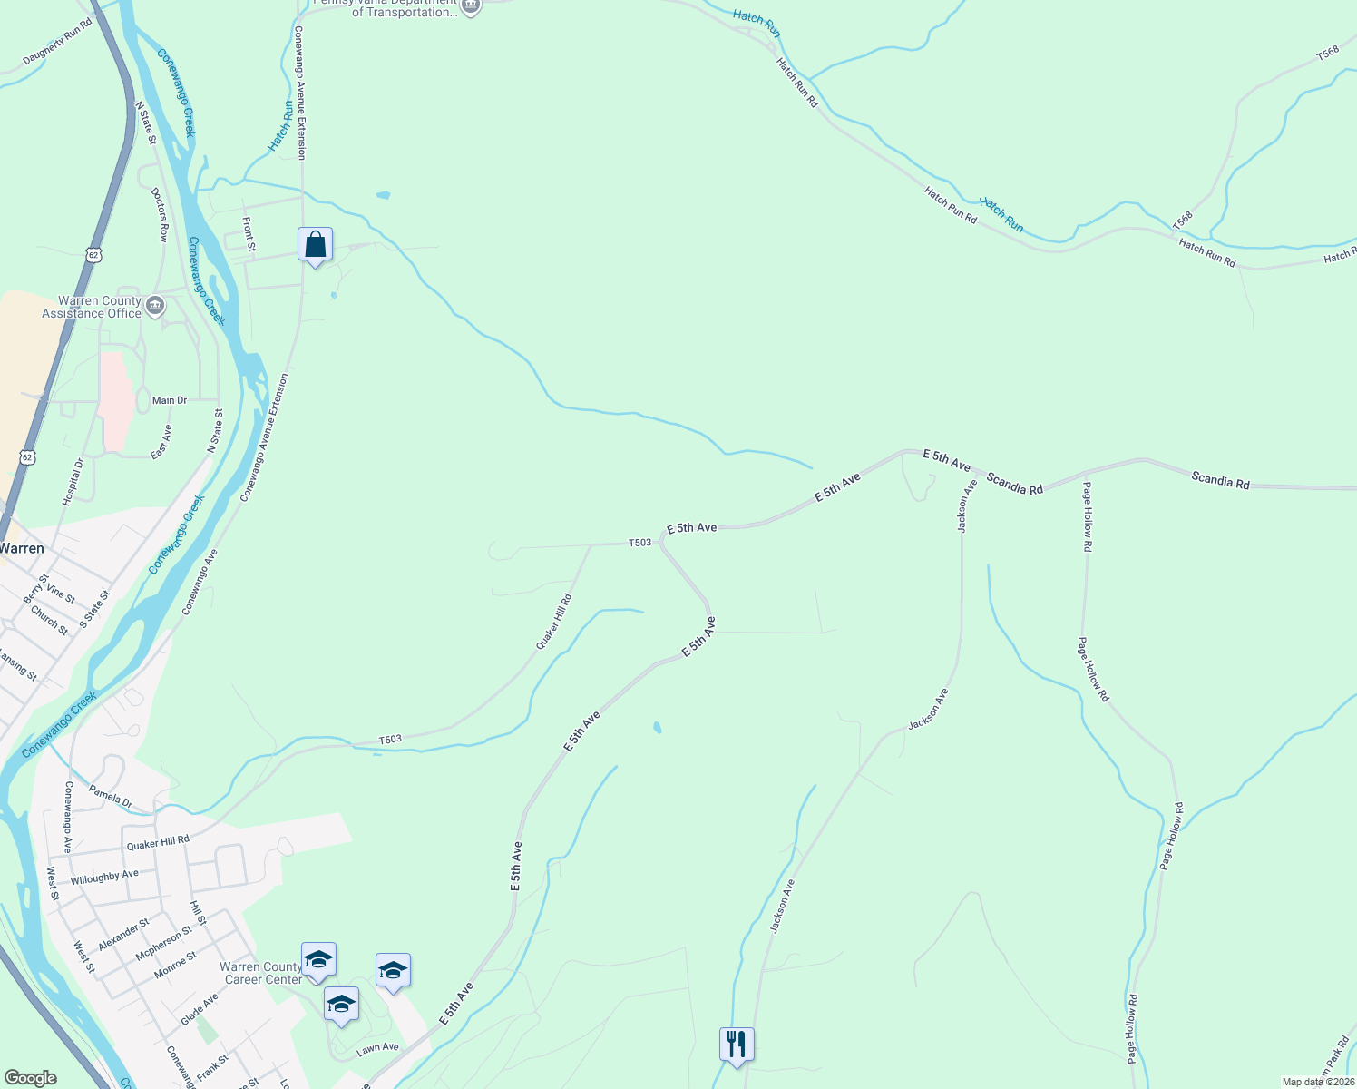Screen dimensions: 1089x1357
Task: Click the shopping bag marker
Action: tap(315, 245)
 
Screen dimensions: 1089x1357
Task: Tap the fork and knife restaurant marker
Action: tap(737, 1045)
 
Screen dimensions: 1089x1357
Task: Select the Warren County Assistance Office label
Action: tap(92, 308)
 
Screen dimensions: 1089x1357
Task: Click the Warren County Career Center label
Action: tap(261, 974)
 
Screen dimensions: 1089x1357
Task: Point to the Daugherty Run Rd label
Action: tap(57, 43)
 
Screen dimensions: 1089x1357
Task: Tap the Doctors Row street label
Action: tap(161, 214)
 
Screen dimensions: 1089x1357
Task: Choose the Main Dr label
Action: tap(170, 400)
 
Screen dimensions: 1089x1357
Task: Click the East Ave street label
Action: tap(161, 442)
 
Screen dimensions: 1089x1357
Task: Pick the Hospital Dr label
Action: tap(73, 482)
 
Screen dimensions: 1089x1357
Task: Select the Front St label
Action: tap(249, 234)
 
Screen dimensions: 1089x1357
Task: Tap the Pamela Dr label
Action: tap(111, 797)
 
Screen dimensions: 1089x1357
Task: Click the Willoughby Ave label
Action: tap(104, 878)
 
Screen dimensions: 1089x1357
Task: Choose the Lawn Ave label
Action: tap(377, 1048)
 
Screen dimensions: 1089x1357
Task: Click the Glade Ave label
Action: tap(200, 1009)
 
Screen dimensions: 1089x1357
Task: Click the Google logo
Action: tap(30, 1078)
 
